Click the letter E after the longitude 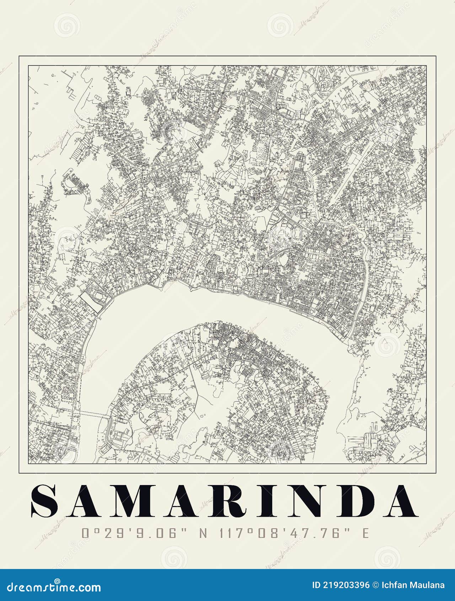pyautogui.click(x=365, y=533)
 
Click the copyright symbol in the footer pyautogui.click(x=376, y=585)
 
